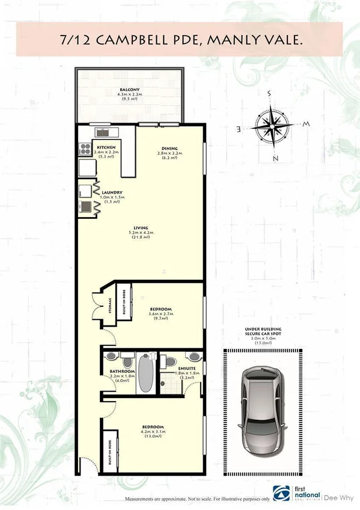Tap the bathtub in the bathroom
pos(146,373)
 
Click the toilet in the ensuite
pos(171,362)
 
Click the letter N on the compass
pos(275,159)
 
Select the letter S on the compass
pos(270,94)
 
